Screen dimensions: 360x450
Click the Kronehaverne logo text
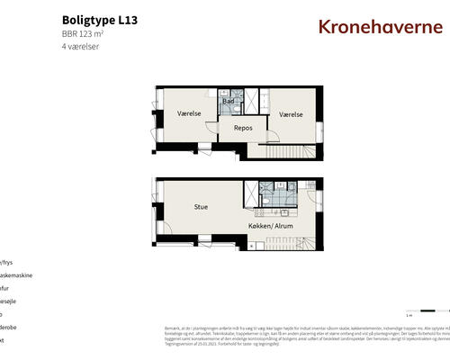[x=381, y=26]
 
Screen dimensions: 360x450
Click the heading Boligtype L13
[x=101, y=19]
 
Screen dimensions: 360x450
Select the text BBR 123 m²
[x=85, y=33]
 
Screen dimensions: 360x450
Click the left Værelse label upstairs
[x=188, y=114]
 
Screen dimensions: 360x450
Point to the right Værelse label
[x=290, y=114]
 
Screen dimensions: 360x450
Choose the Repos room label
[x=242, y=129]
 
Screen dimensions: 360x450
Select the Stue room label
[x=201, y=207]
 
